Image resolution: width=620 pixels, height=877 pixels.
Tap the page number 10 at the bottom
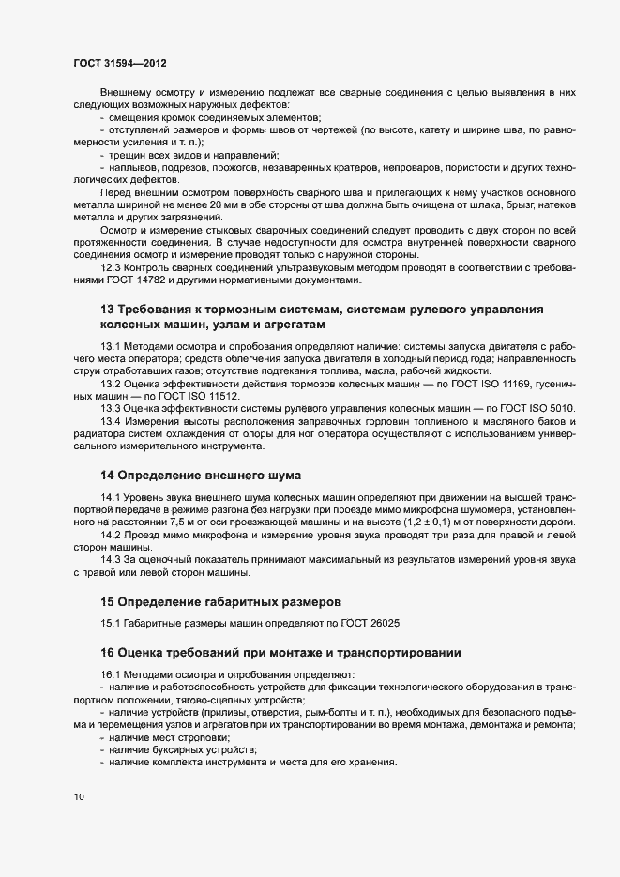pyautogui.click(x=78, y=797)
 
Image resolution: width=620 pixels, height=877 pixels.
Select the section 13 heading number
pyautogui.click(x=107, y=310)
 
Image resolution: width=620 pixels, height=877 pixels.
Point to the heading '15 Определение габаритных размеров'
pyautogui.click(x=220, y=600)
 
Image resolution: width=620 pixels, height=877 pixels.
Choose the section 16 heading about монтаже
pyautogui.click(x=281, y=652)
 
